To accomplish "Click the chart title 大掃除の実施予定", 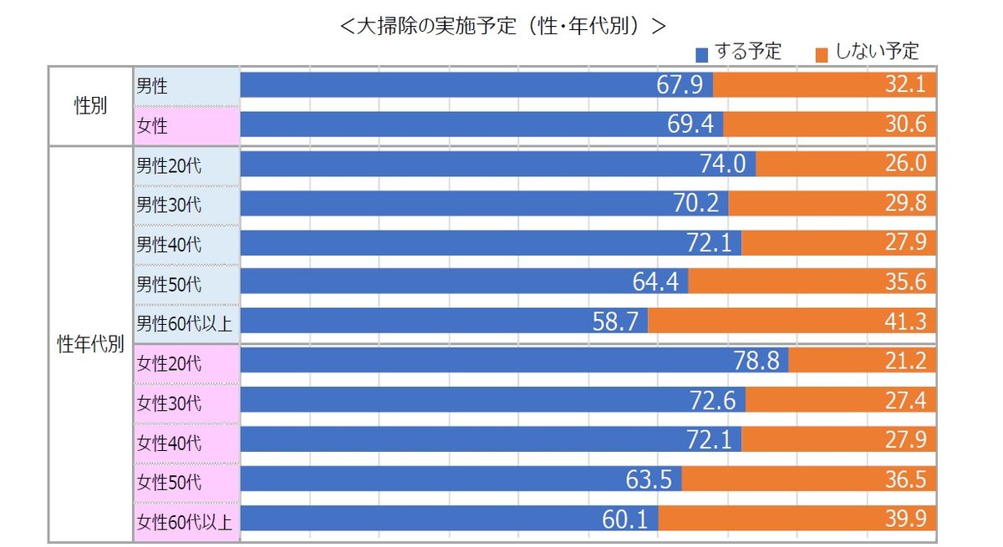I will pos(502,25).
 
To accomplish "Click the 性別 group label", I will pos(90,107).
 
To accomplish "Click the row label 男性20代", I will pos(169,165).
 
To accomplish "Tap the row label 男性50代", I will pos(169,284).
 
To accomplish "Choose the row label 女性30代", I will pos(169,403).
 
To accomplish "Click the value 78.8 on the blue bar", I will pos(758,362).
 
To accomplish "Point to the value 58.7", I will pos(616,322).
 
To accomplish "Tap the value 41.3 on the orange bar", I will pos(906,322).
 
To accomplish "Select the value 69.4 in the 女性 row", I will pos(691,125).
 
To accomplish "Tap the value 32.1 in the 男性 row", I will pos(906,85).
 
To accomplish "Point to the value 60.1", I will pos(625,519).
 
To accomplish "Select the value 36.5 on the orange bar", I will pos(906,480).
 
